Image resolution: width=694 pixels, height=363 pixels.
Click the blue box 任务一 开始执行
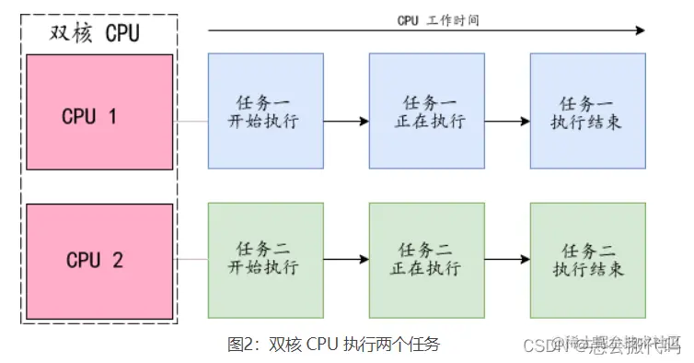click(265, 111)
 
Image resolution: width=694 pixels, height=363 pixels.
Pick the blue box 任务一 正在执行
click(427, 111)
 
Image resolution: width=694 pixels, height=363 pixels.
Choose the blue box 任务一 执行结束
click(588, 111)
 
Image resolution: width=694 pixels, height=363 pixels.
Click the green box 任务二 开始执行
click(265, 260)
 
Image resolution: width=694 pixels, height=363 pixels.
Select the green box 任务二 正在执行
click(427, 260)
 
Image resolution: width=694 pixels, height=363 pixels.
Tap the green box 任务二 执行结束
click(588, 260)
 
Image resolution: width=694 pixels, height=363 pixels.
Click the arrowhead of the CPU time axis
click(641, 31)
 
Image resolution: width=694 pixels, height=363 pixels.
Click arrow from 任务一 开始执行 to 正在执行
click(346, 121)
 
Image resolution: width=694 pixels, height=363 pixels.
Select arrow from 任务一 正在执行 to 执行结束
click(507, 121)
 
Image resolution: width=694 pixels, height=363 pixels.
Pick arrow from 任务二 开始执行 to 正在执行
click(346, 260)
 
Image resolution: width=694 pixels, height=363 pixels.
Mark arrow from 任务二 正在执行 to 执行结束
click(507, 260)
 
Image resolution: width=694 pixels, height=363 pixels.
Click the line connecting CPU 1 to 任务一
click(191, 121)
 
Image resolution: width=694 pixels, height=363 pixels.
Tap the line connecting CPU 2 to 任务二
click(191, 260)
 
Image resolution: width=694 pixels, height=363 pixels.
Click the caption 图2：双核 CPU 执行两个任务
click(334, 345)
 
